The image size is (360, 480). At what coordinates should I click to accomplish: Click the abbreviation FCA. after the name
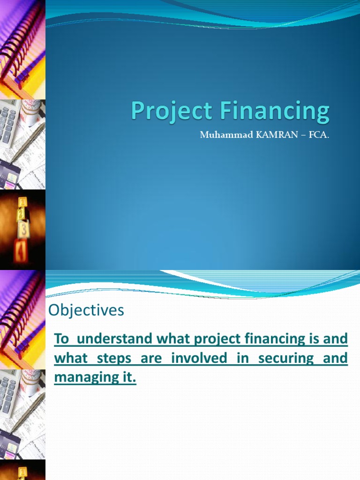point(312,135)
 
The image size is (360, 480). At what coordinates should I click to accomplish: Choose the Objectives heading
point(87,310)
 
